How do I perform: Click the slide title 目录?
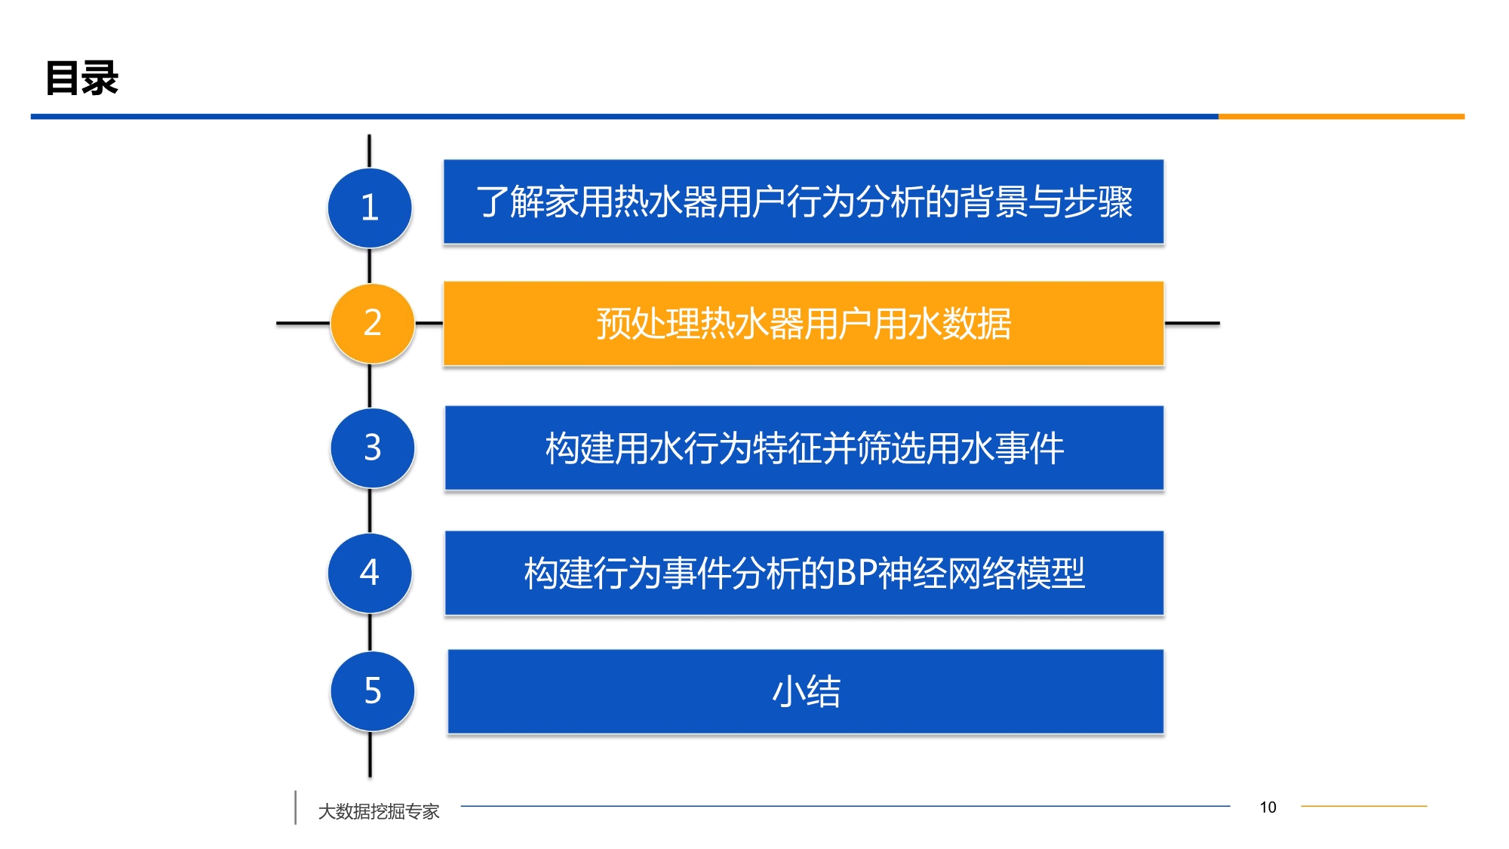click(81, 78)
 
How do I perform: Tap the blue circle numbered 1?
click(370, 208)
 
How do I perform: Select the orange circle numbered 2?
click(373, 323)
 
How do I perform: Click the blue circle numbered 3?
click(373, 448)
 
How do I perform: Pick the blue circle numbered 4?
click(370, 573)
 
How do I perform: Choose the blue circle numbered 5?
click(373, 691)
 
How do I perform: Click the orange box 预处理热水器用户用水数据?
click(804, 324)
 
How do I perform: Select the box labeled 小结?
click(806, 691)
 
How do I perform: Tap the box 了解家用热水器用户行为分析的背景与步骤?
click(804, 201)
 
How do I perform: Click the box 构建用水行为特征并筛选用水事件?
click(804, 448)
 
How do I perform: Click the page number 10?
click(1268, 807)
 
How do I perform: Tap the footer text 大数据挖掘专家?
click(379, 811)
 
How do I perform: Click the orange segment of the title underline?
click(1342, 116)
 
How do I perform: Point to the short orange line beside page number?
click(1364, 806)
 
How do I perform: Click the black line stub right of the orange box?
click(1192, 323)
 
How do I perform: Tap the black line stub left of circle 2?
click(303, 323)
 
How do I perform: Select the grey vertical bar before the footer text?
click(295, 807)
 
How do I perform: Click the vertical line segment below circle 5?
click(370, 754)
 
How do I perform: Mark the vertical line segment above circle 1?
click(369, 151)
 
